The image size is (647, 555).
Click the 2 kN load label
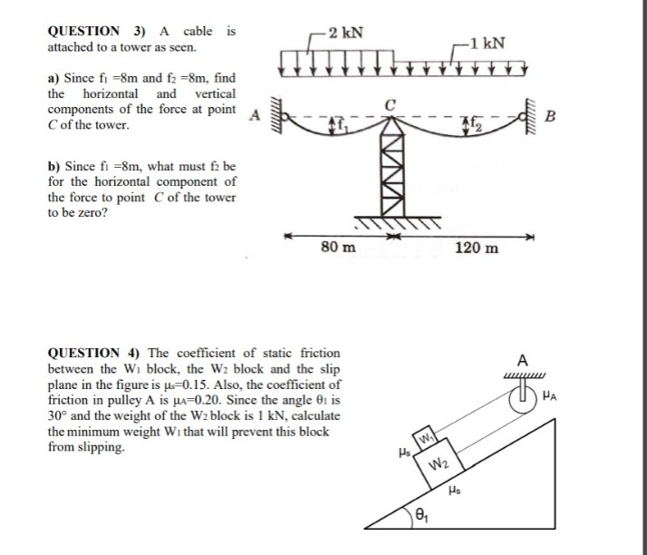point(347,34)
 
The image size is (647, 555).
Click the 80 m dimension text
point(339,247)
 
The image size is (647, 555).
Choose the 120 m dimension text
point(474,247)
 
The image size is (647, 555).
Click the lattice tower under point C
point(391,172)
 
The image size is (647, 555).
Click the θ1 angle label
point(424,516)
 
